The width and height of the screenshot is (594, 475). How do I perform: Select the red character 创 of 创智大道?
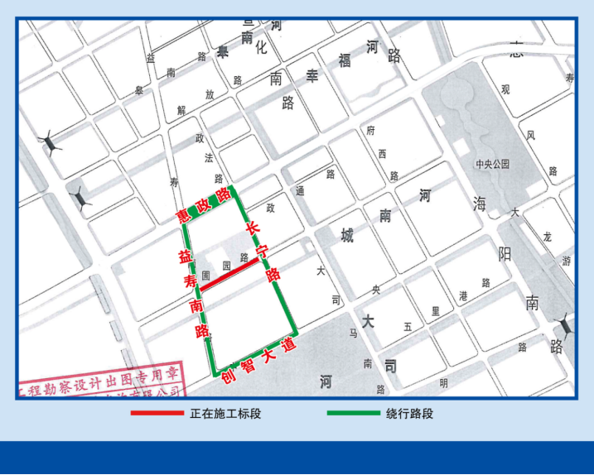227,381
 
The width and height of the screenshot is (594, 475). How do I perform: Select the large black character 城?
346,236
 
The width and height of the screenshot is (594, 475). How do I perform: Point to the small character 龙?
547,236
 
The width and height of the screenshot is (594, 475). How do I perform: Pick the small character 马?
352,334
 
